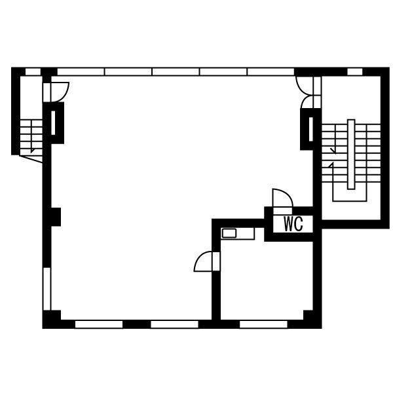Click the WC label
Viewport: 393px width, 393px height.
coord(293,224)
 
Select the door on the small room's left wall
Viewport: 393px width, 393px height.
coord(207,261)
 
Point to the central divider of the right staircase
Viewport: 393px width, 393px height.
coord(351,154)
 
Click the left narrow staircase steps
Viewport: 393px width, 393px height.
coord(31,136)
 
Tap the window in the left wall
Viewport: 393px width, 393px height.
coord(47,289)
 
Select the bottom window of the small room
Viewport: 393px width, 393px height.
coord(263,324)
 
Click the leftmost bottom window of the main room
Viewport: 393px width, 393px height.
coord(99,324)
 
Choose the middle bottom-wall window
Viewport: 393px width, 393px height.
coord(174,324)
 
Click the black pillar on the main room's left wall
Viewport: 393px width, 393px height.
coord(56,217)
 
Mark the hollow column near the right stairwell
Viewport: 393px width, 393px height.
coord(309,129)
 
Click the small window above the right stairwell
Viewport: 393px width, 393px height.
coord(355,71)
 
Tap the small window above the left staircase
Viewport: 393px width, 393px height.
coord(33,71)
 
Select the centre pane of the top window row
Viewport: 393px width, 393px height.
coord(176,71)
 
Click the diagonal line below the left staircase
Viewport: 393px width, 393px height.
coord(31,159)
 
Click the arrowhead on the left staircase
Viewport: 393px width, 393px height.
coord(32,151)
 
